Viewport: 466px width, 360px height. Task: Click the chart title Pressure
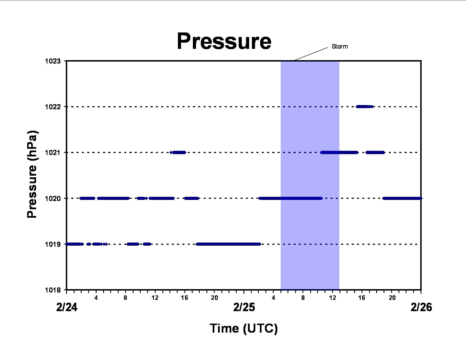coord(224,41)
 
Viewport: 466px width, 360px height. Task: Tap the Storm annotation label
coord(340,47)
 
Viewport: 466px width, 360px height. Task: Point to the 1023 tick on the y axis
coord(53,61)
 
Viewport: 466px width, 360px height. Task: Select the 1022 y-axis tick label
coord(53,107)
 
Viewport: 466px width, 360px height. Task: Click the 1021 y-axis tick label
coord(53,153)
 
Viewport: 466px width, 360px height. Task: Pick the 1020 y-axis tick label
coord(53,198)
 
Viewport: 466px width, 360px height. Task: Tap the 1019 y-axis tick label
coord(53,244)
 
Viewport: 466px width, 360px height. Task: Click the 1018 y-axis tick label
coord(53,290)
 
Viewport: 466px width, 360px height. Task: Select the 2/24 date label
coord(67,307)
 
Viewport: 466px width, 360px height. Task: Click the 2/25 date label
coord(244,307)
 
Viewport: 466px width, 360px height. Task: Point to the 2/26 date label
coord(421,307)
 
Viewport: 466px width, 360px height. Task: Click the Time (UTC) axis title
coord(244,328)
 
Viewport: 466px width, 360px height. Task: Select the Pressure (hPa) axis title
coord(32,174)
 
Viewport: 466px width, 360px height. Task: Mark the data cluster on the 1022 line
coord(365,106)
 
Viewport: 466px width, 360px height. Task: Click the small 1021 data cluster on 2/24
coord(178,152)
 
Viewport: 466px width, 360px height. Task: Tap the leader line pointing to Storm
coord(311,54)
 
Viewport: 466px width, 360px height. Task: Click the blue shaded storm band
coord(310,175)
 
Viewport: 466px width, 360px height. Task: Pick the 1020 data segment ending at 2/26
coord(402,198)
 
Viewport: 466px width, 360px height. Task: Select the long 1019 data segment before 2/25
coord(228,244)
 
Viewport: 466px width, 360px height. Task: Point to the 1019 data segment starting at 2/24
coord(74,244)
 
